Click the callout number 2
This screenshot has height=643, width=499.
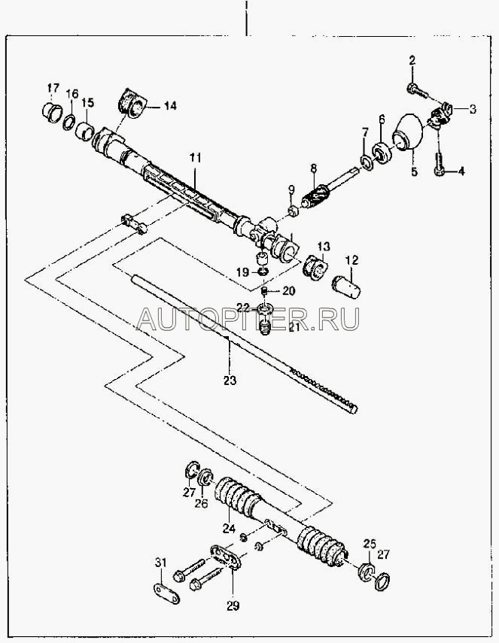point(412,61)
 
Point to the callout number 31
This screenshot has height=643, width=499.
point(160,563)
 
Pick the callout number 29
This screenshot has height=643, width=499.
point(233,605)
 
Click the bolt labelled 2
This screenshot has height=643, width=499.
point(417,91)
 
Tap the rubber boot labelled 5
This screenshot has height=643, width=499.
point(408,132)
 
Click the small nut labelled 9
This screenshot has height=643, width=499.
point(293,211)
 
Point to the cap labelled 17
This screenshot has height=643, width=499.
point(52,111)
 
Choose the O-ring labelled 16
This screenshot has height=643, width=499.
point(69,122)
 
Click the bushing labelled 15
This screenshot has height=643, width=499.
point(86,130)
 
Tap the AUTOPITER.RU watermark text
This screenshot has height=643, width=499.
point(248,319)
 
